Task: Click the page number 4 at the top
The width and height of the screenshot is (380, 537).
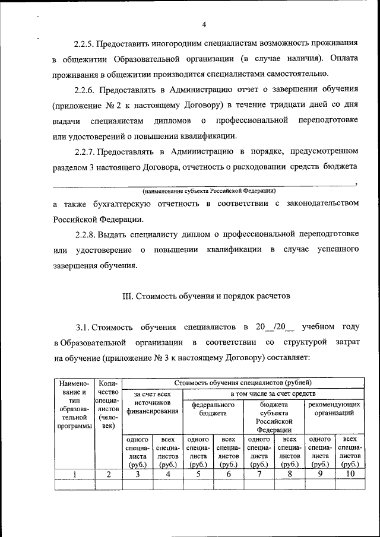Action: click(204, 24)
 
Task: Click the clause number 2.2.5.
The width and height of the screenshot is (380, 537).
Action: click(85, 43)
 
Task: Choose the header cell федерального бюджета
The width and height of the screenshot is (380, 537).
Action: click(213, 409)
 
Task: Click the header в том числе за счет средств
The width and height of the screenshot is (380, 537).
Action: click(273, 394)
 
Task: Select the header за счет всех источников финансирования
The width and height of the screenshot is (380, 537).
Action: click(152, 402)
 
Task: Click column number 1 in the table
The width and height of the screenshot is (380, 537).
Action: click(75, 474)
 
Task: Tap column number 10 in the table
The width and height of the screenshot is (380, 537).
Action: click(349, 474)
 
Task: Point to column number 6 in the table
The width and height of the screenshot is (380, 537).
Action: click(228, 474)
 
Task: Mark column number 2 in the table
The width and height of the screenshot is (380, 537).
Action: click(109, 474)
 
